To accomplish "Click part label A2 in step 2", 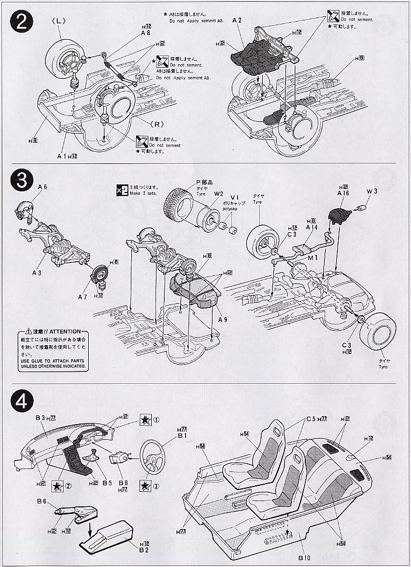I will point(236,20).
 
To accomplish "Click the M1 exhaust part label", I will point(314,258).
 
